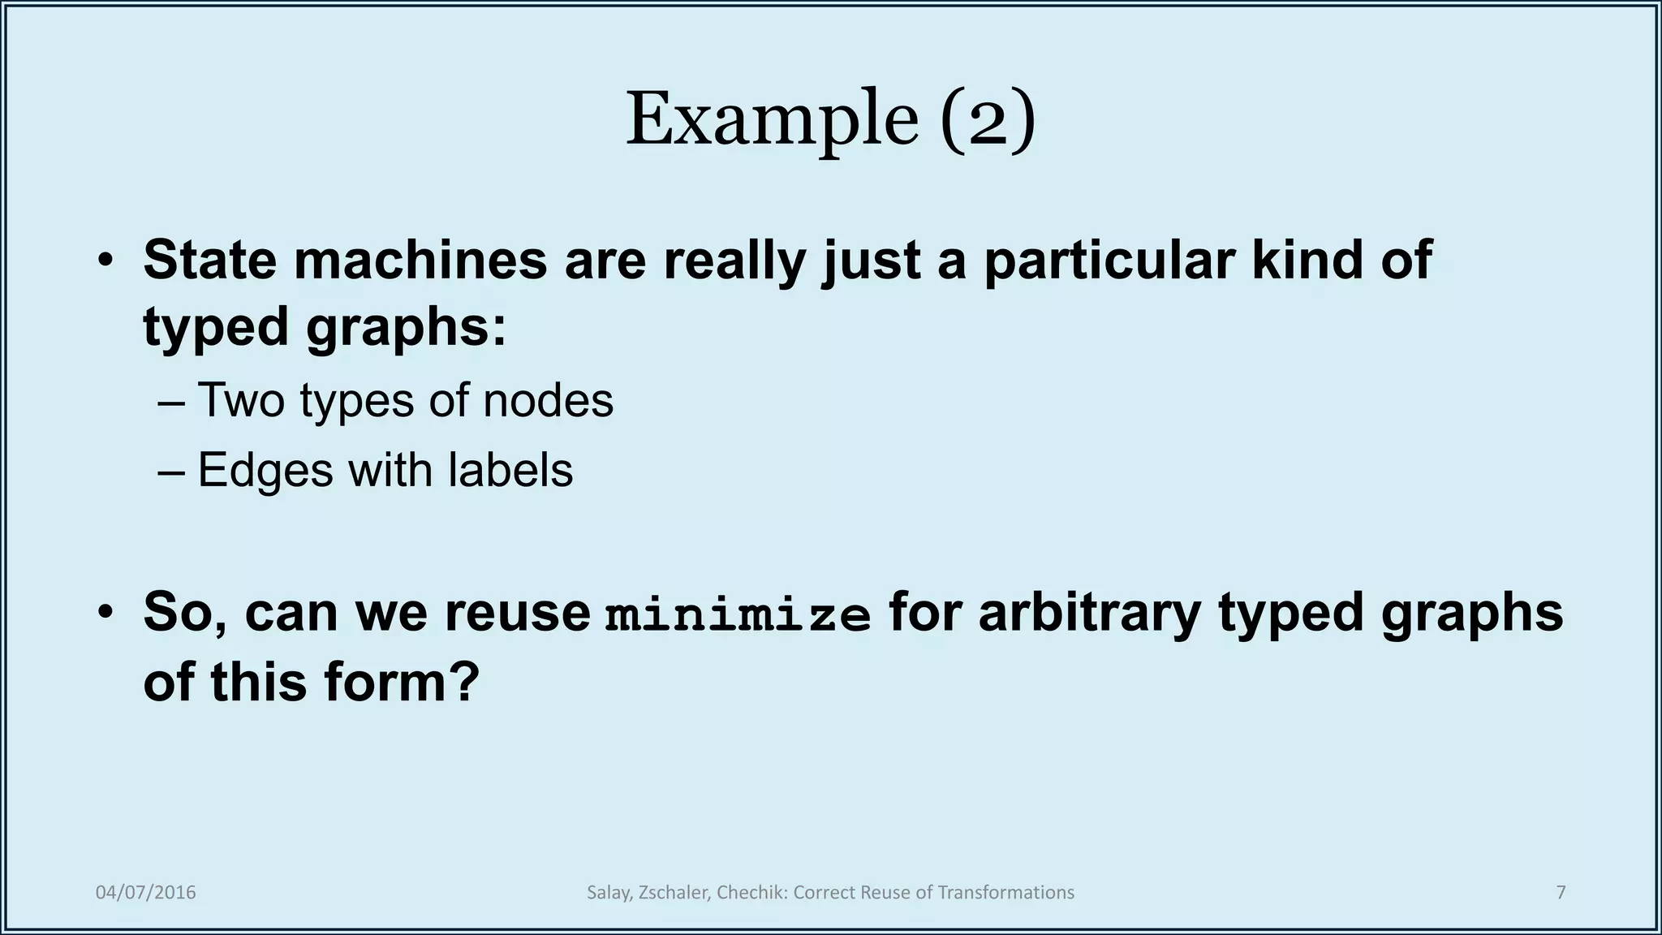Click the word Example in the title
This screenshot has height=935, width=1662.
click(771, 120)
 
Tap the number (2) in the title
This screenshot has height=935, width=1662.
click(988, 120)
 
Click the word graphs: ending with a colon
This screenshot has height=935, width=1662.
click(406, 329)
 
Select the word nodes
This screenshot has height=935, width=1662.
click(548, 400)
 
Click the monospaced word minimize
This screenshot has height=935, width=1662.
click(738, 614)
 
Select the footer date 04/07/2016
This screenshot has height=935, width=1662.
click(146, 893)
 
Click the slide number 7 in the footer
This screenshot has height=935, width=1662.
click(1561, 893)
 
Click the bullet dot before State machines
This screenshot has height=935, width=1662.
click(105, 261)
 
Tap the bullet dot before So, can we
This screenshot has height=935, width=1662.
click(105, 613)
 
